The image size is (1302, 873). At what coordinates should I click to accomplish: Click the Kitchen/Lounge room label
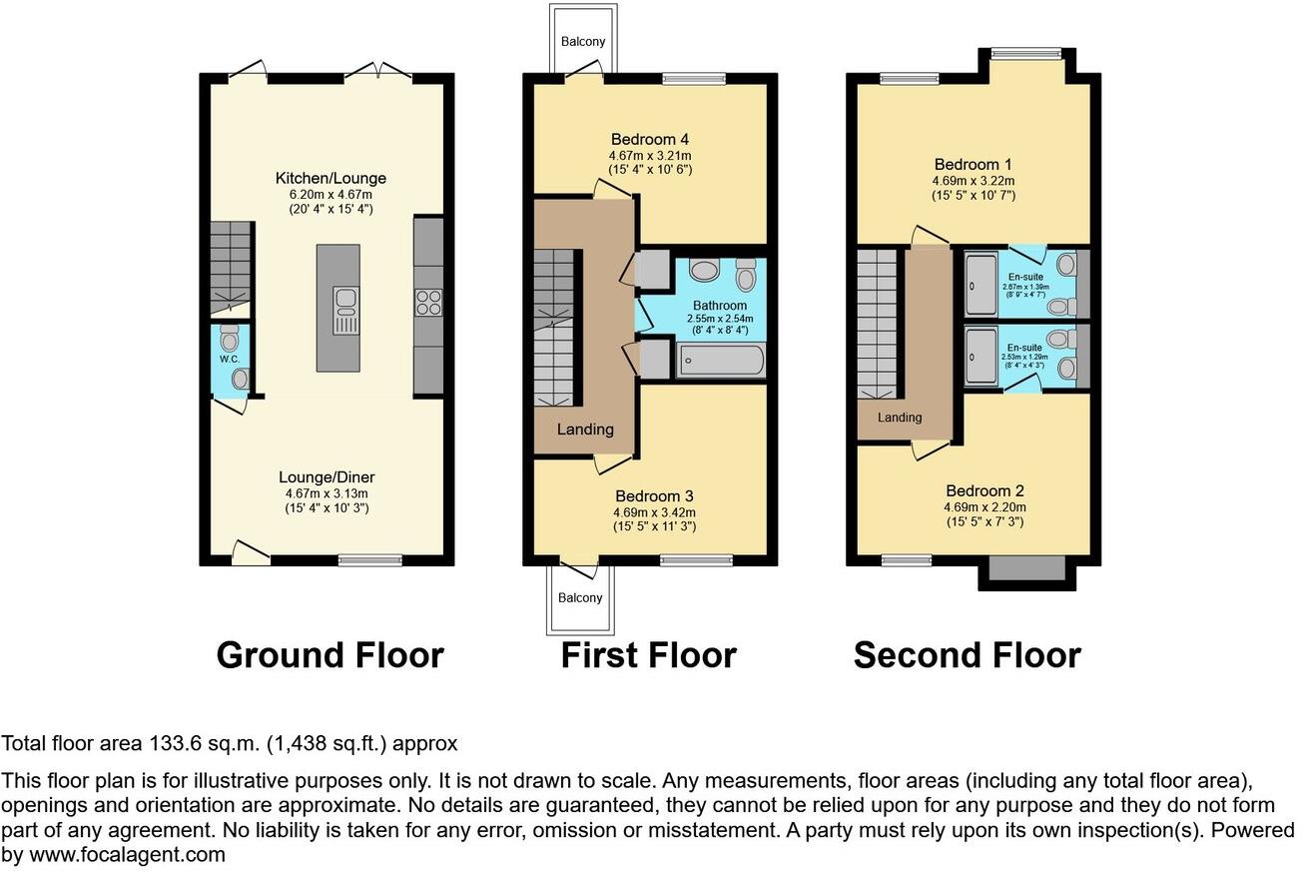pyautogui.click(x=330, y=178)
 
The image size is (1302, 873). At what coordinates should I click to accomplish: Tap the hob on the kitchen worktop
pyautogui.click(x=428, y=303)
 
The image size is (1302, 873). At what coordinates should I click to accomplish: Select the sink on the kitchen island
pyautogui.click(x=345, y=310)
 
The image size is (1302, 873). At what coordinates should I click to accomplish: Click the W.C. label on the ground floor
pyautogui.click(x=230, y=360)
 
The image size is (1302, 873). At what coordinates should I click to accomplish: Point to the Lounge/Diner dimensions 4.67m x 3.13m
pyautogui.click(x=326, y=493)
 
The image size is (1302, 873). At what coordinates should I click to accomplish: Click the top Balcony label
pyautogui.click(x=583, y=42)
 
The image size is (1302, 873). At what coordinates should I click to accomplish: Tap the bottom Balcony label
pyautogui.click(x=580, y=598)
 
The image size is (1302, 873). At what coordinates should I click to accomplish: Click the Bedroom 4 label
pyautogui.click(x=650, y=140)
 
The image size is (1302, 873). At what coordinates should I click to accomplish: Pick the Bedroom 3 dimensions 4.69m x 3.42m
pyautogui.click(x=654, y=513)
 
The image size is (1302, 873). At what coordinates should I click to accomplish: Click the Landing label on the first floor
pyautogui.click(x=585, y=430)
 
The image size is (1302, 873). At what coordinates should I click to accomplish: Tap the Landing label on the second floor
pyautogui.click(x=900, y=417)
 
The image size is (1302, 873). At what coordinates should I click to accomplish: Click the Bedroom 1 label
pyautogui.click(x=974, y=165)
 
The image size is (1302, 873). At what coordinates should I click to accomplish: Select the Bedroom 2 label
pyautogui.click(x=985, y=490)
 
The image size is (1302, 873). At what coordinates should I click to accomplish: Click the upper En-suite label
pyautogui.click(x=1025, y=277)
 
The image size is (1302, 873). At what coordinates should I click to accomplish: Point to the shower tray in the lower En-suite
pyautogui.click(x=981, y=356)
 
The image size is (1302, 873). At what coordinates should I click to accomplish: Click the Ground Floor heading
pyautogui.click(x=330, y=655)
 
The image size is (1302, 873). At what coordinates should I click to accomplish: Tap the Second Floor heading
pyautogui.click(x=968, y=655)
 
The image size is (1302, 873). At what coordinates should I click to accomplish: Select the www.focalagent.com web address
pyautogui.click(x=127, y=854)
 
